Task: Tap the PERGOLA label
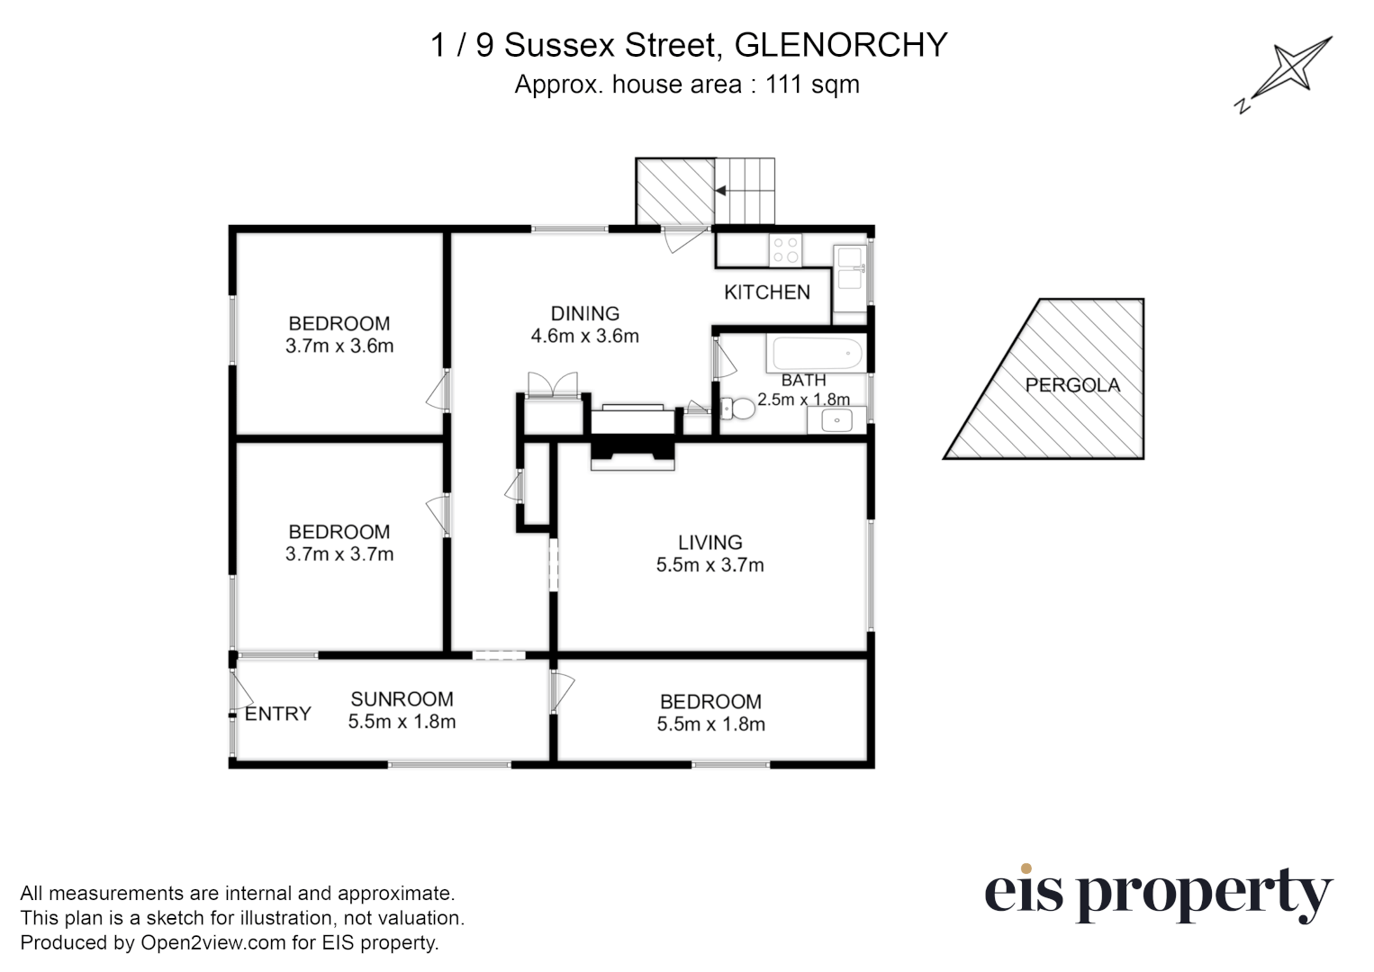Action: click(x=1072, y=385)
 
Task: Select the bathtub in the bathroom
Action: click(x=816, y=354)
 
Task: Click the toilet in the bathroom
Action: click(x=739, y=409)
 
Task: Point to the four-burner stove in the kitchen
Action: click(x=785, y=249)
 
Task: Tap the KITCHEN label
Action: click(x=767, y=292)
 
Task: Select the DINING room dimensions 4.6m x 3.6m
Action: click(x=585, y=337)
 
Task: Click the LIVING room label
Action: click(x=710, y=542)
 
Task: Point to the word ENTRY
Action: click(x=278, y=714)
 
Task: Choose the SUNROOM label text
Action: click(x=402, y=699)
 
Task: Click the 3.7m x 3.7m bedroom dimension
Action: click(x=339, y=554)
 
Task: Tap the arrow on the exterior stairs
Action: click(x=721, y=191)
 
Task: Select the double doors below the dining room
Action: click(x=552, y=384)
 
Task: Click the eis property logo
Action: click(x=1157, y=894)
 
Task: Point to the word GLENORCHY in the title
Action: click(x=841, y=44)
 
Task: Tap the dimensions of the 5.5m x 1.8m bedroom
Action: click(x=711, y=724)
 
